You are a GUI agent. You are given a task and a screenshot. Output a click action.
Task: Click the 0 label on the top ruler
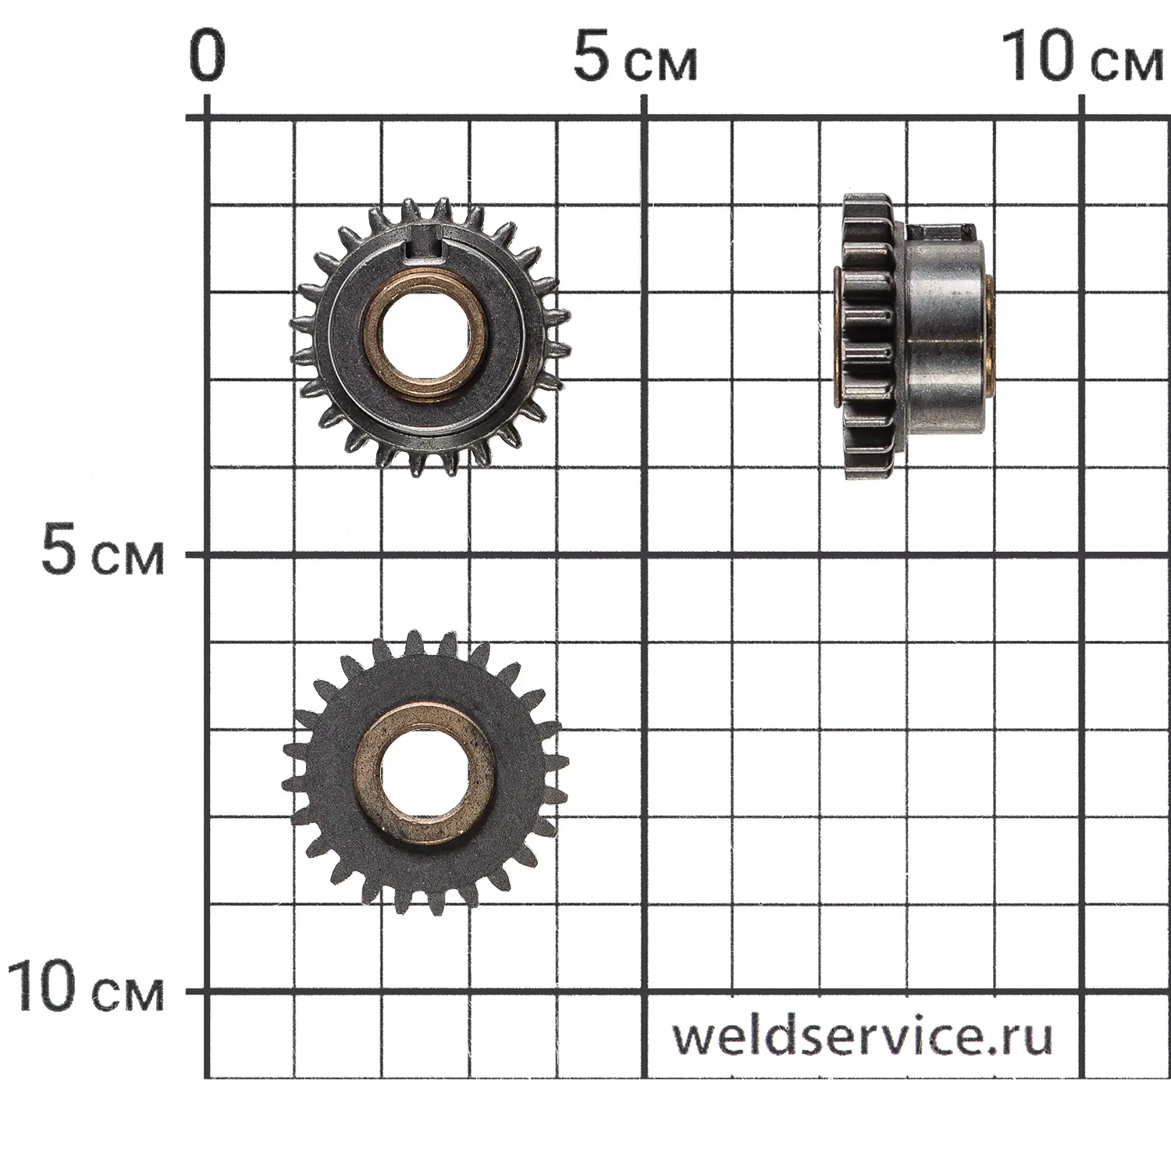click(x=207, y=57)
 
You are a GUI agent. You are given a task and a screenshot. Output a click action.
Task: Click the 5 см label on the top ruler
click(x=635, y=57)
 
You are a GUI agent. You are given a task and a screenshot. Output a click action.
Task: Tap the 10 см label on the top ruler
click(x=1082, y=57)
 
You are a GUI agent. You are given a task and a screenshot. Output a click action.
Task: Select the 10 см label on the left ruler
click(x=86, y=988)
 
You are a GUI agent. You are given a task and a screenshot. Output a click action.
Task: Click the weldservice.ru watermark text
click(x=863, y=1036)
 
